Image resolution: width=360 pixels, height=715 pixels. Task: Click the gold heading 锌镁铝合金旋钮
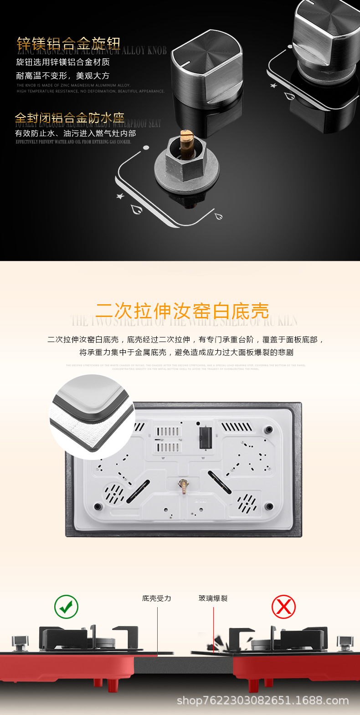(x=68, y=44)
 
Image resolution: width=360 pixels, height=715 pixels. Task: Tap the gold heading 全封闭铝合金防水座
(x=69, y=118)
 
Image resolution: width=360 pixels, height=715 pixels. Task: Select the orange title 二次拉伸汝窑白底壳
(x=182, y=312)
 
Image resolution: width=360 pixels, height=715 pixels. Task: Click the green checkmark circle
(x=67, y=607)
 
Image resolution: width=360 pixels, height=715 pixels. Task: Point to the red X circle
(x=283, y=607)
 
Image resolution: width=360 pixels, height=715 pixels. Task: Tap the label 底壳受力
(x=156, y=598)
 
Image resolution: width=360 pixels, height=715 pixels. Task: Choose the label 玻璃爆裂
(x=213, y=598)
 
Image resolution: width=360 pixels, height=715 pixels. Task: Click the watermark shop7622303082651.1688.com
(x=262, y=701)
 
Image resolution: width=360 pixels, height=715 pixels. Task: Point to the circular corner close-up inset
(x=92, y=417)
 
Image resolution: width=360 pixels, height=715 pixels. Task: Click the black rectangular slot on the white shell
(x=206, y=436)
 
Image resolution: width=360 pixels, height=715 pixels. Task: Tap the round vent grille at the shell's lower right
(x=247, y=503)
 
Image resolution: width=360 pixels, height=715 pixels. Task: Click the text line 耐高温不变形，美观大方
(x=63, y=76)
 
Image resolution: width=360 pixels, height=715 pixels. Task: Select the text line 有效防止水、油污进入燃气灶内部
(x=76, y=133)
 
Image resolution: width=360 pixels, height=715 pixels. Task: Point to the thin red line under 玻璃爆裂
(x=213, y=628)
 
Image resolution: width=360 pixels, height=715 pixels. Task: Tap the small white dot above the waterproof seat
(x=146, y=148)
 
